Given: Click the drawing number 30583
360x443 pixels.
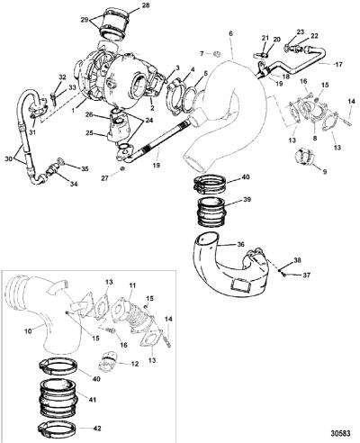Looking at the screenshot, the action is point(340,433).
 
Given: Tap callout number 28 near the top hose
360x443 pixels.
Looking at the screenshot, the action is point(145,5).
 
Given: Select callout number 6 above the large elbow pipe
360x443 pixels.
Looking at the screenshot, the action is point(230,33).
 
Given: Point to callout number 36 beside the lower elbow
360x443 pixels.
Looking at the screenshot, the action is point(241,244).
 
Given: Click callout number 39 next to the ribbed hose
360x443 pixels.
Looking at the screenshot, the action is point(247,200).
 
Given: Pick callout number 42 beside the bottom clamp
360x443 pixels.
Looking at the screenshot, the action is point(97,428).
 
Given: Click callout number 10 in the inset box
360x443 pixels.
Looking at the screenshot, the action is point(27,332).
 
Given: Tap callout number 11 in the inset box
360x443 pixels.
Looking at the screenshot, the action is point(132,287).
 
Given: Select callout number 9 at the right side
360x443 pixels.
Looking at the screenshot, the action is point(325,172).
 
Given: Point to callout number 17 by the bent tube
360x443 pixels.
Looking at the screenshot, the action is point(338,64).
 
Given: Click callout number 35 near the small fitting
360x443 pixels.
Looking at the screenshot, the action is point(85,169).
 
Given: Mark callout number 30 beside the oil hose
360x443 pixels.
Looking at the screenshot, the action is point(9,158).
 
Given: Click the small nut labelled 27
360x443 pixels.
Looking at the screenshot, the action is point(122,169).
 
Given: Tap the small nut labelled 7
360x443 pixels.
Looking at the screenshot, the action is point(218,54).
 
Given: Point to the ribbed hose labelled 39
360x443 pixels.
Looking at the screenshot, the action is point(211,212).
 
